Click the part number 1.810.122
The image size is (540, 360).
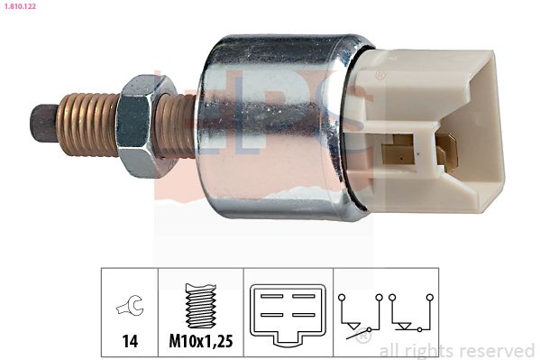pyautogui.click(x=20, y=6)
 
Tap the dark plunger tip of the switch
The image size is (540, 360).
pyautogui.click(x=44, y=123)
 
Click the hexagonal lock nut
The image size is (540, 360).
pyautogui.click(x=142, y=125)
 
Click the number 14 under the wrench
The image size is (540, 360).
pyautogui.click(x=130, y=341)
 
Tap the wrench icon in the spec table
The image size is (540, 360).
pyautogui.click(x=130, y=305)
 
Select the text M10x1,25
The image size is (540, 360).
pyautogui.click(x=201, y=341)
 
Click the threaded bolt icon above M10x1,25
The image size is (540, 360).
pyautogui.click(x=201, y=306)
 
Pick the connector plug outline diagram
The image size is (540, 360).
pyautogui.click(x=288, y=315)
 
